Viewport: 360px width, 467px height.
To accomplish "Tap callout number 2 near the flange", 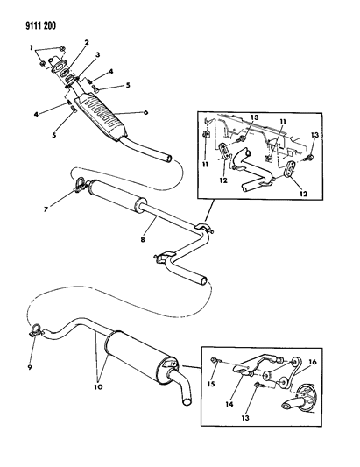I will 86,43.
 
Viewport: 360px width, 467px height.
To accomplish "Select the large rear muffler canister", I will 140,355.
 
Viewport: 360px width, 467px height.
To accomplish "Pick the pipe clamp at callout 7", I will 81,185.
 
